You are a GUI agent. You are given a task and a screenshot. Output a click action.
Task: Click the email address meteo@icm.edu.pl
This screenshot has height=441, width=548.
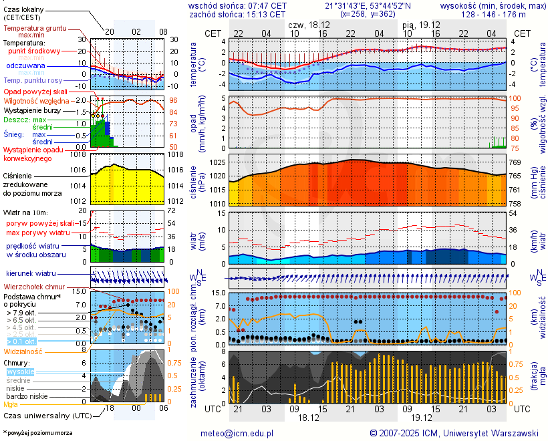tap(237, 433)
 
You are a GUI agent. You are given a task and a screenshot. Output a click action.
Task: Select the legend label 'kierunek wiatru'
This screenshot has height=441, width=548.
tap(31, 274)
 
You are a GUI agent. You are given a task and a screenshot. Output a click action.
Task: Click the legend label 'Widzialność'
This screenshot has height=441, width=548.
tap(23, 350)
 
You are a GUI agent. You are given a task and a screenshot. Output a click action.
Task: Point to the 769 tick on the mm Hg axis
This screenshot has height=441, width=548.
tap(517, 163)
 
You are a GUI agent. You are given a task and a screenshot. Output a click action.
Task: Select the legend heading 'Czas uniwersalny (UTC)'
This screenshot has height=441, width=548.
tap(45, 416)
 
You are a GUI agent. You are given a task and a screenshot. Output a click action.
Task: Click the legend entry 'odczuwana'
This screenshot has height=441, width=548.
tap(25, 66)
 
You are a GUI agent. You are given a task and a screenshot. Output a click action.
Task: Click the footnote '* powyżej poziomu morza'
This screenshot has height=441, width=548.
tap(37, 433)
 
